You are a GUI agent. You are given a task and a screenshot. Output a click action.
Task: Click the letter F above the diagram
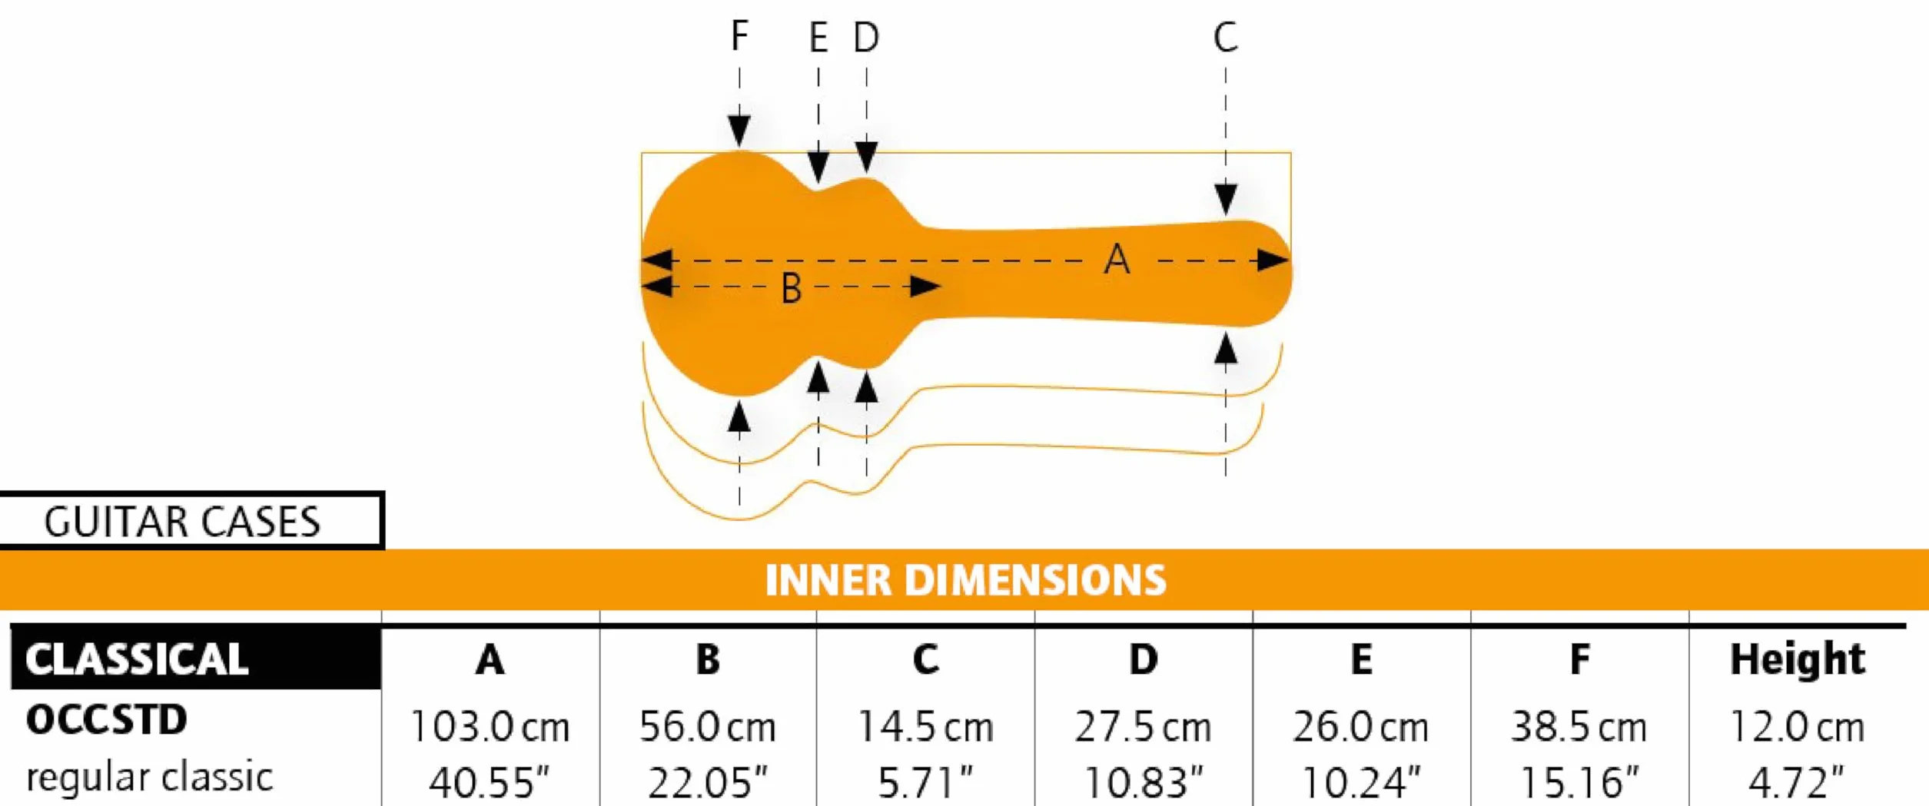739,35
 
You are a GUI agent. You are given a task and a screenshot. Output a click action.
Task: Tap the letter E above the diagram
818,37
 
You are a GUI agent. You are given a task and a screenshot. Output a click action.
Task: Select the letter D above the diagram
867,37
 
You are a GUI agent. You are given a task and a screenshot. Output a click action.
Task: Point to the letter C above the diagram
1226,37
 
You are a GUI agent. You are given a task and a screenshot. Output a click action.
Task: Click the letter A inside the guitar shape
1117,259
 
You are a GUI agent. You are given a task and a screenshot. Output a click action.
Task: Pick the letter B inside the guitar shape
792,289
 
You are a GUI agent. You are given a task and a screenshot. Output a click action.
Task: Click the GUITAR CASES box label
182,522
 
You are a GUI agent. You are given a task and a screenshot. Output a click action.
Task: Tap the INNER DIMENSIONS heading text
965,580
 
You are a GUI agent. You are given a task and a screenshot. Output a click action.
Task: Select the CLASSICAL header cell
196,658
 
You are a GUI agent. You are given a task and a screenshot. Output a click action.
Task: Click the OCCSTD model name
107,720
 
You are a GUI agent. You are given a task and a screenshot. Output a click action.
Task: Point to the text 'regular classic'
150,777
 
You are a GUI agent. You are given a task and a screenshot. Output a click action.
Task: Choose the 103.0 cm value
490,727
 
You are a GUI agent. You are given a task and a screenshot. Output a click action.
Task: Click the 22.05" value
708,783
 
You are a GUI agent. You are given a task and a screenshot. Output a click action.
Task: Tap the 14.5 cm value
925,727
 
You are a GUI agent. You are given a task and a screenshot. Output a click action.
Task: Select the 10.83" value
1144,783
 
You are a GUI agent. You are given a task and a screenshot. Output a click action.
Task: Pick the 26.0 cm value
1361,727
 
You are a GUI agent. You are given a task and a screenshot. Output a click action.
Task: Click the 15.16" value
1579,783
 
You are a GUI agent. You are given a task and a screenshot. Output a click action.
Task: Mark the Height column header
1798,659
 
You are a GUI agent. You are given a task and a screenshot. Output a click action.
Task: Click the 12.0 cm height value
1798,727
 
